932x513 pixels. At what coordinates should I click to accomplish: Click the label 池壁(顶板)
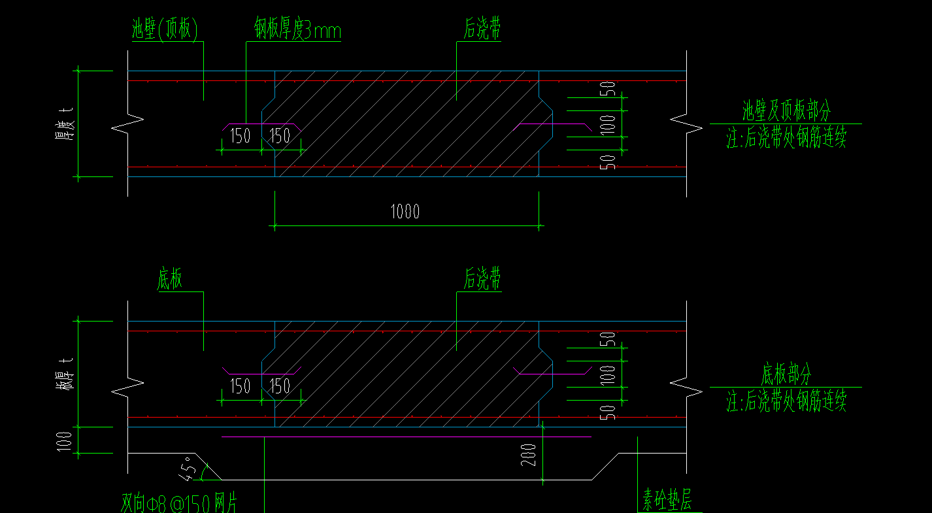click(165, 29)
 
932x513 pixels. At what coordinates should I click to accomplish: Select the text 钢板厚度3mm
click(297, 30)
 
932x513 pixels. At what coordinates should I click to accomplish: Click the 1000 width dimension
click(405, 212)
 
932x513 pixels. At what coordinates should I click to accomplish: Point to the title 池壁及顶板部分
click(786, 111)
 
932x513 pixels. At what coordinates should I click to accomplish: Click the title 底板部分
click(786, 375)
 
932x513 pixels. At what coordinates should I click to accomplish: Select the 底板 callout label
click(170, 279)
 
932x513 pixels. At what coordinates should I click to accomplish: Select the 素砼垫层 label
click(666, 502)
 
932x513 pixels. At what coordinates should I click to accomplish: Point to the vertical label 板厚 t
click(64, 375)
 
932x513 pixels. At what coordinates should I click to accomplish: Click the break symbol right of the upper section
click(686, 121)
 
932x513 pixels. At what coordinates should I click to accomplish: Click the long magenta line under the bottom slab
click(405, 437)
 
